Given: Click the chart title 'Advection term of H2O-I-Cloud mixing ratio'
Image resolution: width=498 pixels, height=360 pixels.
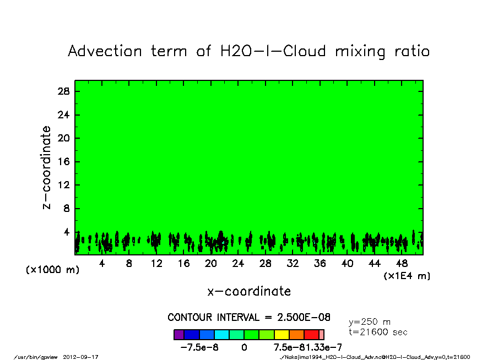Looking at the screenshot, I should point(248,52).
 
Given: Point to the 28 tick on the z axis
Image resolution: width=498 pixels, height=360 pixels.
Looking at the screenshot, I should point(64,91).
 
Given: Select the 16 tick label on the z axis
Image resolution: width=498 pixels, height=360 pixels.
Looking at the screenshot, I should point(64,162).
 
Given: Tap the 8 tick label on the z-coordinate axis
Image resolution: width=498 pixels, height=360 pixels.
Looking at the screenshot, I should point(66,209).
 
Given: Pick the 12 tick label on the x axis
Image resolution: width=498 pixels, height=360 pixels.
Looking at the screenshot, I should point(156,264).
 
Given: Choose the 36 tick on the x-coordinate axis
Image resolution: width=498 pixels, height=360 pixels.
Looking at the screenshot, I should point(320,264).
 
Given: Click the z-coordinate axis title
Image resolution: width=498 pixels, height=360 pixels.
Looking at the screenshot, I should point(47,167).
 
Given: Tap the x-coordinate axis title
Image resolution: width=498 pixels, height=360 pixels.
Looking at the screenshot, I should point(248,291).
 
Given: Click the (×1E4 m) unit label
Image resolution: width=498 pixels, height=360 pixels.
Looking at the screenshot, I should point(407,276).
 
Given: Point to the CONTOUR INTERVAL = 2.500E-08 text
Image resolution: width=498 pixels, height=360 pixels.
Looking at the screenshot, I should point(249,318).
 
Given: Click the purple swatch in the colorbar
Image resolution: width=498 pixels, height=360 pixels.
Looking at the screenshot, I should point(179,335).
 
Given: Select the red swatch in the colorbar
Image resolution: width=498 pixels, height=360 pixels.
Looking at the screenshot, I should point(311,335).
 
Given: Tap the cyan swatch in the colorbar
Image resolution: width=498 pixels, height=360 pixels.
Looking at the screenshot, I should point(221,335).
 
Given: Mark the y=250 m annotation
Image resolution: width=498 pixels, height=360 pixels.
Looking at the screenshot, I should point(370,322).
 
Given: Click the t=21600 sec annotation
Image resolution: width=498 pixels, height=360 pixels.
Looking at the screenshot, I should point(378,332).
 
